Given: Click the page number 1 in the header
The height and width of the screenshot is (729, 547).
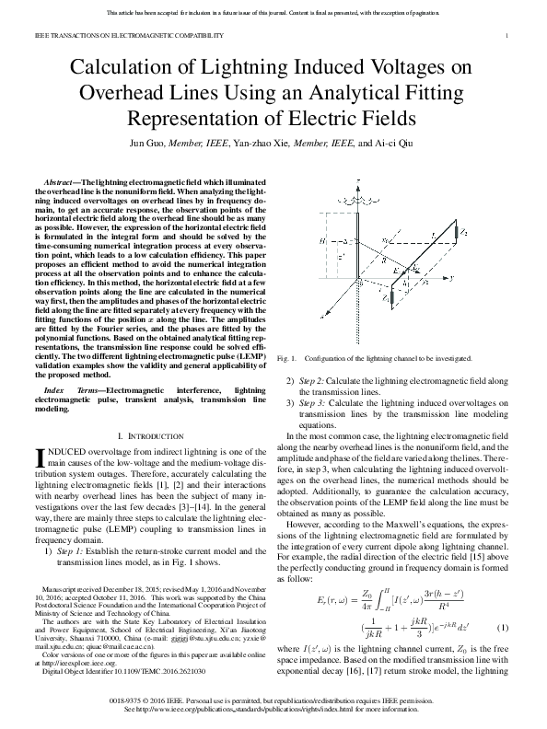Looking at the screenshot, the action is [508, 35].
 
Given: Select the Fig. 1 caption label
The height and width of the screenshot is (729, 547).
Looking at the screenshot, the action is [295, 357].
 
